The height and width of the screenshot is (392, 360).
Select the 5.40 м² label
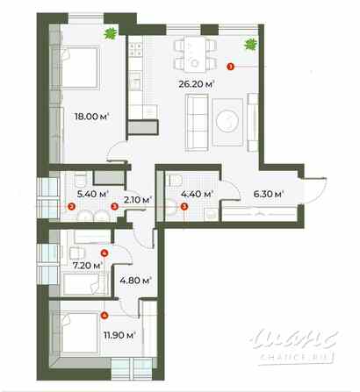91,194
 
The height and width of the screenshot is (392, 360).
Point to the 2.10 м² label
135,200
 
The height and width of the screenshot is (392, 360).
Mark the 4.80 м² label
135,282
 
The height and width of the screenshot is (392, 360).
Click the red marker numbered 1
230,65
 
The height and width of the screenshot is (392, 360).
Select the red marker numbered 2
71,207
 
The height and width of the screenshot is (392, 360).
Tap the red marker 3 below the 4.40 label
184,207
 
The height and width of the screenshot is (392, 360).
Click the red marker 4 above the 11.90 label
104,315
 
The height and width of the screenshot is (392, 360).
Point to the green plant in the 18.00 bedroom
110,34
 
